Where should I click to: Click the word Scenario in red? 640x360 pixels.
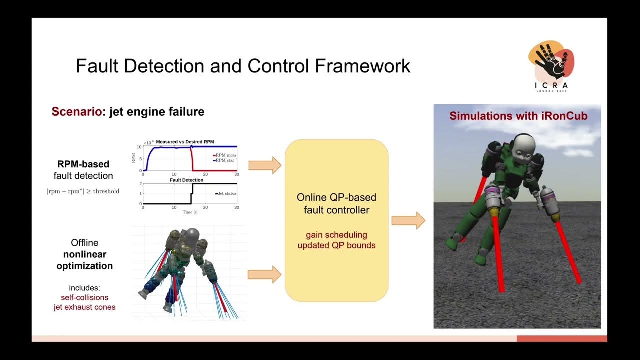point(76,112)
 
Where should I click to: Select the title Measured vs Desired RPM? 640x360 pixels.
point(185,142)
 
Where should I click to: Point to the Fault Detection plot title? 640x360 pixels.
point(186,180)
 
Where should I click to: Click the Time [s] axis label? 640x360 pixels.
point(190,212)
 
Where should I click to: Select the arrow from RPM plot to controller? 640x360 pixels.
point(265,165)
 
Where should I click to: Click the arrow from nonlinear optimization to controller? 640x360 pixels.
point(265,274)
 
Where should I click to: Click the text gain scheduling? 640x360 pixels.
point(336,235)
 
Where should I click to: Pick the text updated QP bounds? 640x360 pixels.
point(336,245)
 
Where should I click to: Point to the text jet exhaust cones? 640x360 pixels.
point(84,307)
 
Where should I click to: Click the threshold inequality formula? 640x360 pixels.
point(83,191)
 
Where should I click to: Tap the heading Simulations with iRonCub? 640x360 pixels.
point(518,116)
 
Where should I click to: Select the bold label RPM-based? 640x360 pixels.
point(83,164)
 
